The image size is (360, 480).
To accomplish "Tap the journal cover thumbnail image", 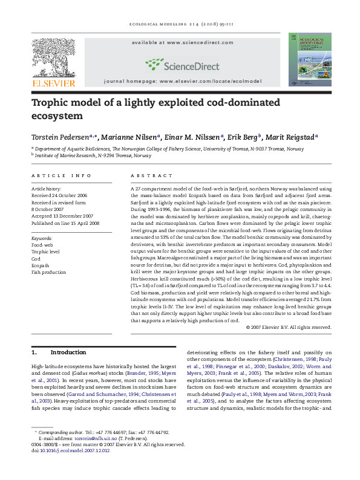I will pos(309,59).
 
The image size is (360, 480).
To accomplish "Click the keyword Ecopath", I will pos(41,264).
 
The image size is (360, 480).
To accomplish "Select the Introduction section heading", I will pos(68,352).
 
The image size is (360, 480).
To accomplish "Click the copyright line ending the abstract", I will pos(289,327).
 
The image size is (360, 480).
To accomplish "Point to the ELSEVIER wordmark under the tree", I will pos(53,83).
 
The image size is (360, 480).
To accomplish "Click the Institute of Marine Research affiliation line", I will pos(93,155).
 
